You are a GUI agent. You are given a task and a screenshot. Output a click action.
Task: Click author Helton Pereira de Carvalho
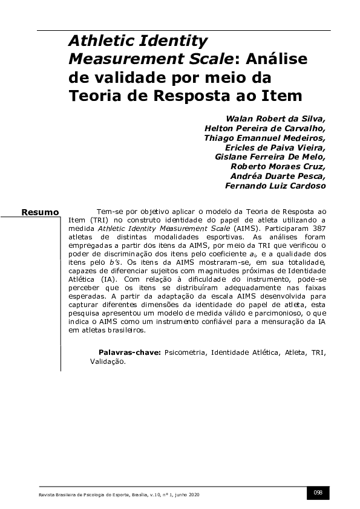point(265,128)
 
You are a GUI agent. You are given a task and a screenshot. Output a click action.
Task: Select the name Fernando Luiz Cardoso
point(275,186)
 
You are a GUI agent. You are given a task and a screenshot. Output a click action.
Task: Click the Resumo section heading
point(40,212)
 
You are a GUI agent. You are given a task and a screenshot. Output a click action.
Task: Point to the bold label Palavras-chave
point(129,352)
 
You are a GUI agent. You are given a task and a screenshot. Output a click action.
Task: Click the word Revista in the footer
point(45,494)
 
